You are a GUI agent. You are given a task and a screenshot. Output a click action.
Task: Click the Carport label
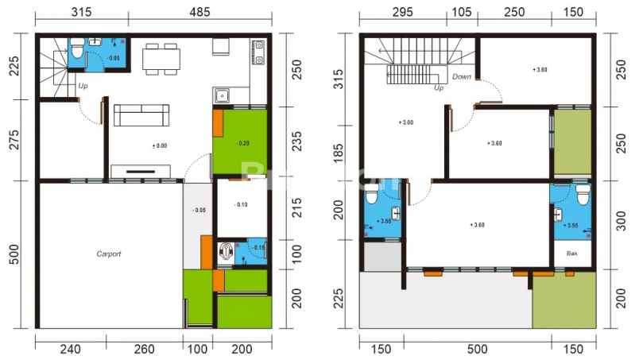(x=109, y=254)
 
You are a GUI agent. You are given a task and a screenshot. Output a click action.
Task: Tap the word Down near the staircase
(x=462, y=77)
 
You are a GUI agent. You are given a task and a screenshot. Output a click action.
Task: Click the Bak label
(x=571, y=254)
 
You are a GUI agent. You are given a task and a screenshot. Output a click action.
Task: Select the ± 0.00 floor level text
(x=159, y=145)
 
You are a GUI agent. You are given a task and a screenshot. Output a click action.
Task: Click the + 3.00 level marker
(x=405, y=123)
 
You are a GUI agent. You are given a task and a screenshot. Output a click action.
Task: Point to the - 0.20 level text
(x=242, y=143)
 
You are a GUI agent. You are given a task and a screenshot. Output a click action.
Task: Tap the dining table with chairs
(x=161, y=59)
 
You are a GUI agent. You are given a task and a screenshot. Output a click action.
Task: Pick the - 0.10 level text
(x=242, y=205)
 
